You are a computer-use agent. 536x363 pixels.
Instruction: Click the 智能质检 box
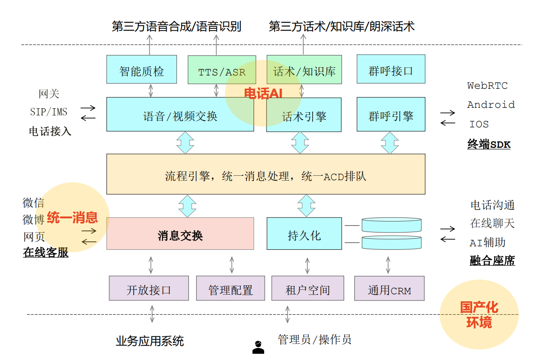(141, 69)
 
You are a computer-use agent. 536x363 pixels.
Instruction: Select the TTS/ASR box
(222, 70)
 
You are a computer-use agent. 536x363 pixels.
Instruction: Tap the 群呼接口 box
(391, 69)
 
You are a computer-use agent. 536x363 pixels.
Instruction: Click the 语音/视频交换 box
(180, 115)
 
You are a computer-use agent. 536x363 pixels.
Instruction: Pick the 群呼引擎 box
(391, 115)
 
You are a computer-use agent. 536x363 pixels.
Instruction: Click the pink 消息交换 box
(180, 234)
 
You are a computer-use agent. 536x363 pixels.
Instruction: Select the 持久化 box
(304, 234)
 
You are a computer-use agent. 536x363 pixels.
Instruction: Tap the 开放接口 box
(149, 288)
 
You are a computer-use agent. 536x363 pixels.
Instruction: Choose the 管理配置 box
(230, 288)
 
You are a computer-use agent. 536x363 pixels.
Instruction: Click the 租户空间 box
(308, 288)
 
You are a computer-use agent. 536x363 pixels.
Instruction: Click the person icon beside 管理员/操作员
(258, 347)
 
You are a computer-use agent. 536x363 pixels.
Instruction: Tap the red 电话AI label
(263, 93)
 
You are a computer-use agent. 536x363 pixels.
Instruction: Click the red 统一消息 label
(72, 217)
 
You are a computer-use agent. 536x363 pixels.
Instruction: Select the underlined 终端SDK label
(488, 144)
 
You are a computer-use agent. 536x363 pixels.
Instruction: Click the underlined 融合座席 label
(492, 260)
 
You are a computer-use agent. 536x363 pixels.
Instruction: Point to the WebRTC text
(487, 86)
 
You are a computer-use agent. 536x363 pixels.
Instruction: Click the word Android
(491, 105)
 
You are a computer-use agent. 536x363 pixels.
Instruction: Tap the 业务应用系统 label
(150, 341)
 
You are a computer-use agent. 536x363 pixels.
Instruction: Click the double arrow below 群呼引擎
(390, 142)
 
